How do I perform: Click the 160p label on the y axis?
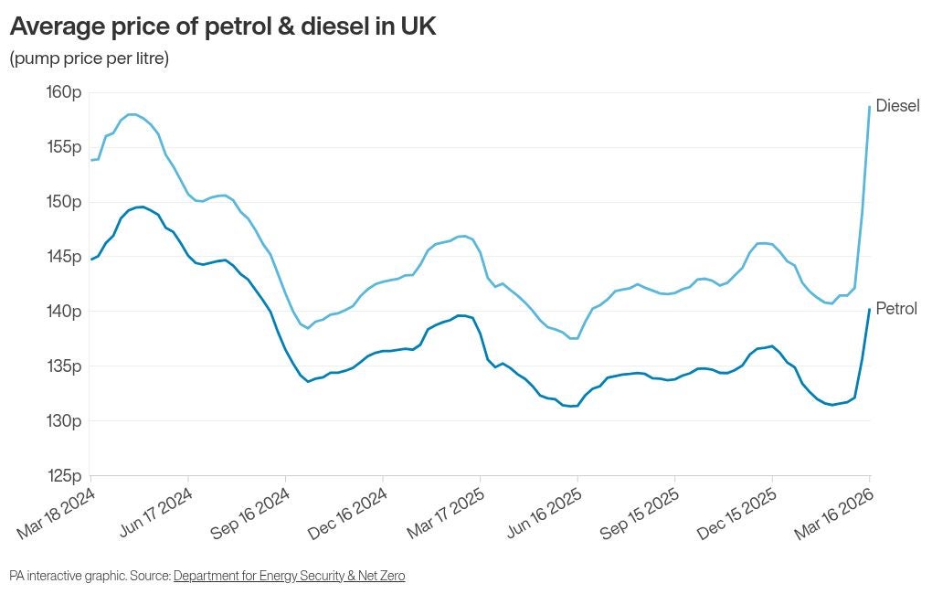pyautogui.click(x=64, y=92)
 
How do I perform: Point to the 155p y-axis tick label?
pyautogui.click(x=64, y=147)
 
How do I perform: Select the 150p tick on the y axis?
pyautogui.click(x=64, y=202)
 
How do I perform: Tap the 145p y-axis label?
pyautogui.click(x=64, y=257)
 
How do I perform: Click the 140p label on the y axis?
pyautogui.click(x=64, y=312)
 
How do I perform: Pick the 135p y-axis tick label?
pyautogui.click(x=64, y=366)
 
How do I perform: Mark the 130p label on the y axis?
pyautogui.click(x=64, y=421)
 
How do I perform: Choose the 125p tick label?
pyautogui.click(x=64, y=476)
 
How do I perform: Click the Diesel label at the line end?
pyautogui.click(x=897, y=106)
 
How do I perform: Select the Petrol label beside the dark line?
pyautogui.click(x=896, y=309)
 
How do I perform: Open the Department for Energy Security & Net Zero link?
pyautogui.click(x=289, y=576)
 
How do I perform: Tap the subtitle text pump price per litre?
pyautogui.click(x=90, y=58)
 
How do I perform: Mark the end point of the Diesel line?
pyautogui.click(x=869, y=107)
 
